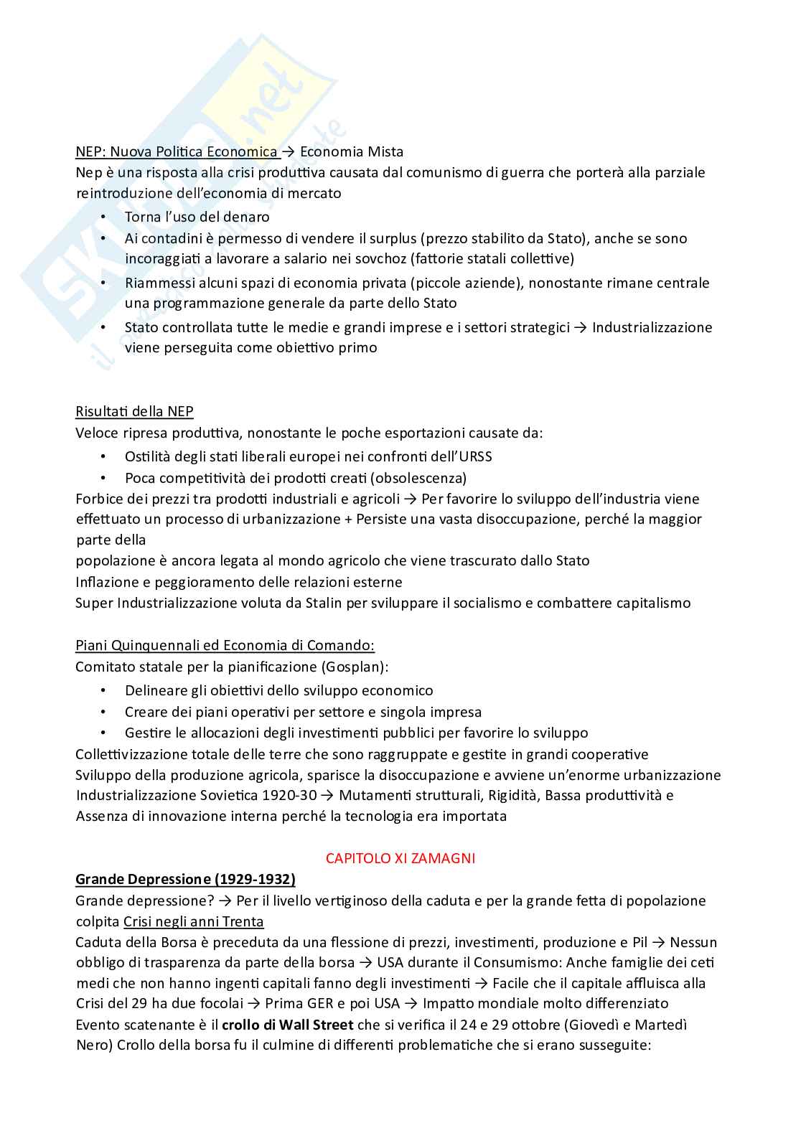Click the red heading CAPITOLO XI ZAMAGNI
(x=400, y=857)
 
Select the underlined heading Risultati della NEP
(x=134, y=411)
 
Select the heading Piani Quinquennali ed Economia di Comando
(x=225, y=645)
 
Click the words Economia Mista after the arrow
(x=351, y=151)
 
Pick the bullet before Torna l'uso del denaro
(x=103, y=217)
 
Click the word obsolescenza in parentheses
(x=418, y=478)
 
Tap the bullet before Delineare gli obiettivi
(x=103, y=690)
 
